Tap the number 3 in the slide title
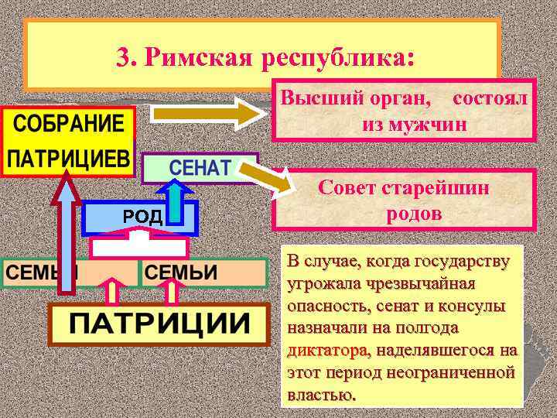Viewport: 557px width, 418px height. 123,57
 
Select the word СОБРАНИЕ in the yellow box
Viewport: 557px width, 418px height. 67,125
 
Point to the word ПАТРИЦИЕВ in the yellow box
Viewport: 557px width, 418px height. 67,159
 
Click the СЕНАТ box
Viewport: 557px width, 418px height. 200,167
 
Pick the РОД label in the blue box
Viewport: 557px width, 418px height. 142,216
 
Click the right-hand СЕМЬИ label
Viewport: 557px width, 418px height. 182,273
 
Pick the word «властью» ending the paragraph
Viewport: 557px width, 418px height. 321,394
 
